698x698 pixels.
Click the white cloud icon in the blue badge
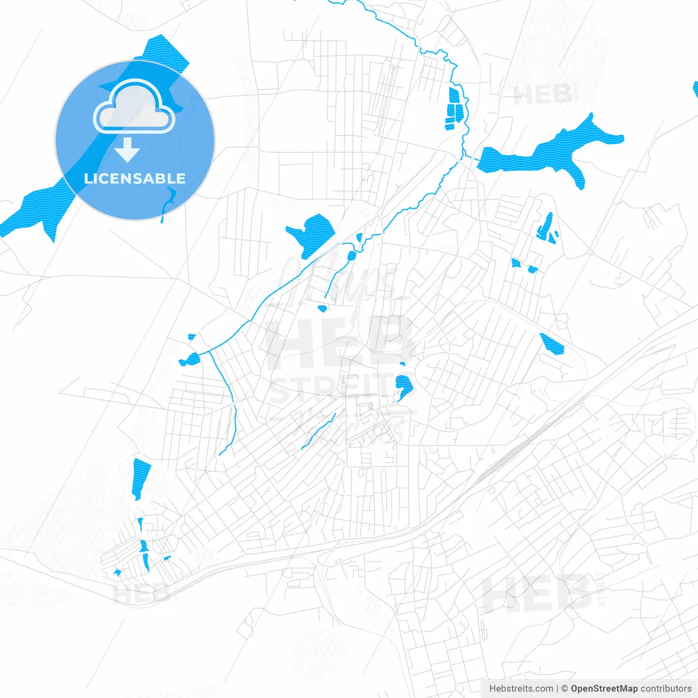pyautogui.click(x=134, y=107)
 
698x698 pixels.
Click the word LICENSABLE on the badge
pyautogui.click(x=135, y=178)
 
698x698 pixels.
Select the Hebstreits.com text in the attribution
pyautogui.click(x=521, y=689)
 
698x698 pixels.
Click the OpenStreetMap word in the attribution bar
pyautogui.click(x=604, y=689)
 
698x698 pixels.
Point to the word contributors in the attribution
pyautogui.click(x=666, y=689)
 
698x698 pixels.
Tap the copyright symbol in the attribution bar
pyautogui.click(x=564, y=689)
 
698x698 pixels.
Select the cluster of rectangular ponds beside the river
pyautogui.click(x=454, y=109)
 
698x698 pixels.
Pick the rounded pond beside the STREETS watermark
pyautogui.click(x=404, y=386)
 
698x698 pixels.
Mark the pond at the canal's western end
pyautogui.click(x=190, y=359)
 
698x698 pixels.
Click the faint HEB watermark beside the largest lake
pyautogui.click(x=543, y=95)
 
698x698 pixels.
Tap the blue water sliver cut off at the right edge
pyautogui.click(x=695, y=89)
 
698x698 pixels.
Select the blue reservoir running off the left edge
pyautogui.click(x=33, y=210)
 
